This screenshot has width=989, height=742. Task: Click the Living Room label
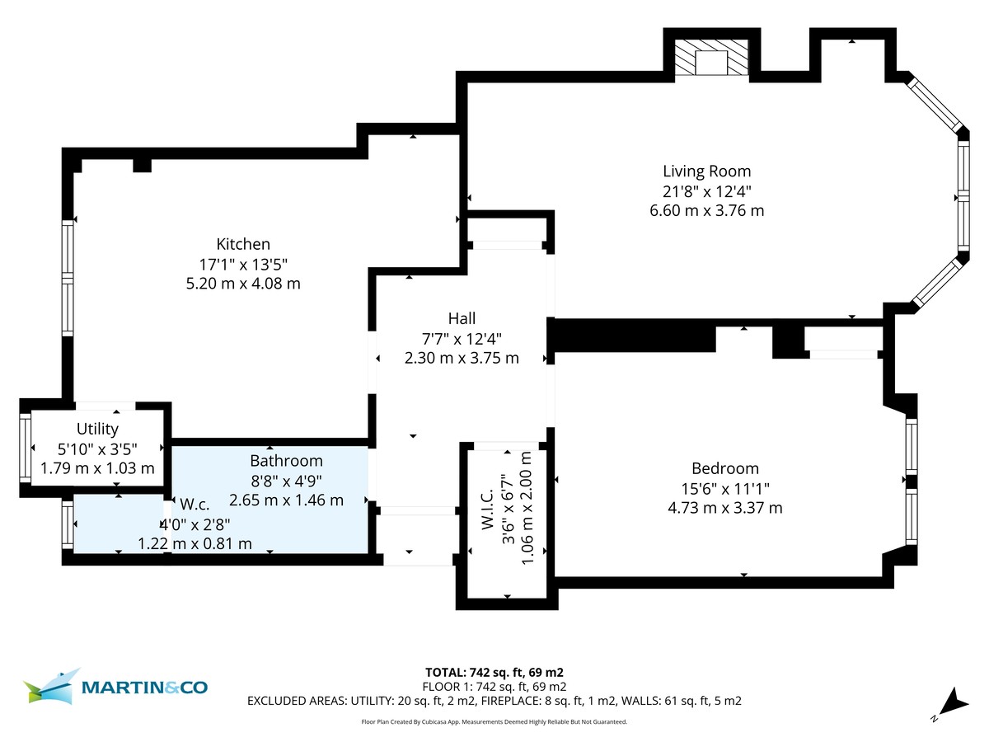point(707,171)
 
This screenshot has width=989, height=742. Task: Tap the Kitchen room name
point(243,244)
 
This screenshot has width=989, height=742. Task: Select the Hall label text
point(462,318)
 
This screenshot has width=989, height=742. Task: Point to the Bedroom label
point(724,468)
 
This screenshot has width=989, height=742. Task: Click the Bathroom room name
point(286,461)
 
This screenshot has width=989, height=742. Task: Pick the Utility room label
point(97,429)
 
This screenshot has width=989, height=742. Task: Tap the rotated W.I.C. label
point(486,510)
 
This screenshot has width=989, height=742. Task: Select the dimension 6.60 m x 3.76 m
point(707,210)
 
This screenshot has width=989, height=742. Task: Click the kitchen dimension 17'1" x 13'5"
point(243,264)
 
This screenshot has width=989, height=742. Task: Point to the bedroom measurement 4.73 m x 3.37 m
point(724,508)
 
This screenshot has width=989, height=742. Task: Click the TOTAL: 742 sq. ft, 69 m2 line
point(494,671)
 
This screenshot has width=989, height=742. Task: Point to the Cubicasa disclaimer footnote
point(494,721)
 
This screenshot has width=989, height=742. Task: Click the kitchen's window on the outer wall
point(67,278)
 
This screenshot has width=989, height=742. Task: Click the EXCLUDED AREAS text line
point(494,702)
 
